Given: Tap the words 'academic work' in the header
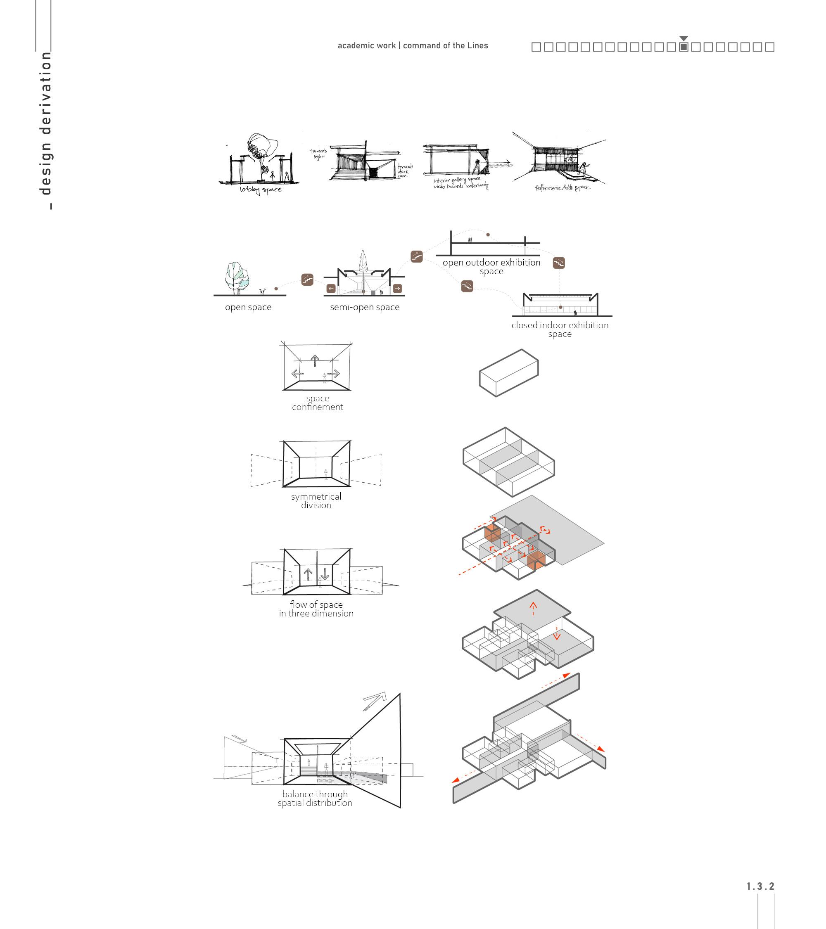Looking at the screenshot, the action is [x=366, y=46].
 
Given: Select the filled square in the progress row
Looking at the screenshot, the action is [x=683, y=47].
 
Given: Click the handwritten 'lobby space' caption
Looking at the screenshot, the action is [x=261, y=190].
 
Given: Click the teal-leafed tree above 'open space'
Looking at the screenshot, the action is [x=237, y=276].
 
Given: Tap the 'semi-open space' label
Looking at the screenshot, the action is [x=365, y=307].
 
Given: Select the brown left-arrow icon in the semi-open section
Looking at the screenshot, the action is [x=331, y=288].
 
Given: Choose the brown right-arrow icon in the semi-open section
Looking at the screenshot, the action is [x=397, y=288].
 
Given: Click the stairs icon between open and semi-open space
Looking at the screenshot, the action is [x=307, y=280].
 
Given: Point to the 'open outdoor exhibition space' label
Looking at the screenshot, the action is [x=491, y=267].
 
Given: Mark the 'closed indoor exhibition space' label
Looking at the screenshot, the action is [x=560, y=329].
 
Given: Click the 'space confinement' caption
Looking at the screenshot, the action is [x=317, y=403].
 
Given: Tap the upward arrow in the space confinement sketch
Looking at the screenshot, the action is [x=315, y=360].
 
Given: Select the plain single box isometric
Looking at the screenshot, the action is [x=509, y=373].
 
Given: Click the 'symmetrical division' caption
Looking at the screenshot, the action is [x=316, y=501].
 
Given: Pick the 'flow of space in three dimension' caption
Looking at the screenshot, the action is [x=316, y=609].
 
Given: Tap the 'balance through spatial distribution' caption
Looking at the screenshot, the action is [x=315, y=799].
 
